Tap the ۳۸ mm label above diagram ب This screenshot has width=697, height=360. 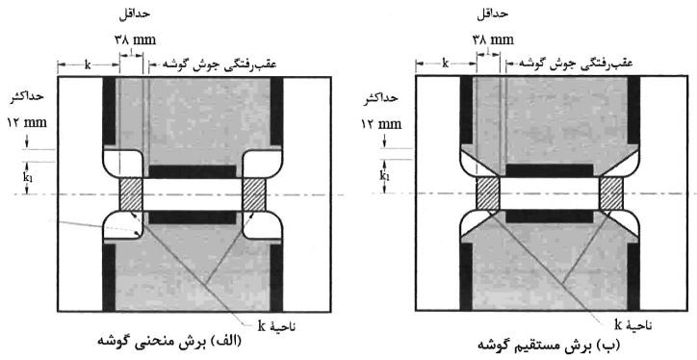pos(493,39)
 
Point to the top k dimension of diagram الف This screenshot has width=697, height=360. pos(88,64)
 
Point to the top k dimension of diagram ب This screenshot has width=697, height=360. pos(446,64)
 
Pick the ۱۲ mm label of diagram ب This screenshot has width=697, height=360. pos(380,125)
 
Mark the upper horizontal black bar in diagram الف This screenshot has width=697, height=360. pos(192,171)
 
